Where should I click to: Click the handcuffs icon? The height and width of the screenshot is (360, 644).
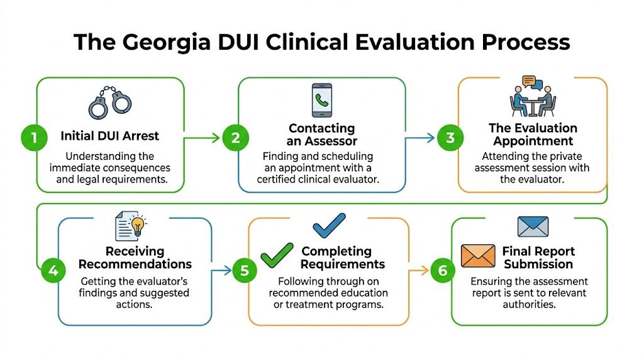pyautogui.click(x=110, y=103)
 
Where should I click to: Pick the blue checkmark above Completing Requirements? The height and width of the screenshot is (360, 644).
pyautogui.click(x=329, y=225)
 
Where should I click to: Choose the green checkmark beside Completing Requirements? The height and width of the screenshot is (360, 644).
pyautogui.click(x=277, y=255)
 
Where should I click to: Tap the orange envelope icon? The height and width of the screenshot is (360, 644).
pyautogui.click(x=479, y=256)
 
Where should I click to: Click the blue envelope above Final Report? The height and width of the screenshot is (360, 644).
pyautogui.click(x=533, y=226)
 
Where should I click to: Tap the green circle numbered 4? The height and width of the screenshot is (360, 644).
pyautogui.click(x=53, y=271)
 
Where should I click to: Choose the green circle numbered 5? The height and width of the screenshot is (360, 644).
pyautogui.click(x=244, y=271)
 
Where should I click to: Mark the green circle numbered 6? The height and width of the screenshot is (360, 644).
pyautogui.click(x=443, y=271)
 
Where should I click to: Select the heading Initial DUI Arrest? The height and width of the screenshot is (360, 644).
pyautogui.click(x=110, y=135)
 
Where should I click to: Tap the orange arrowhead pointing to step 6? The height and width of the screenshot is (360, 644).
pyautogui.click(x=425, y=271)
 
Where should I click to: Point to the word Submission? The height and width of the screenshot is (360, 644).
pyautogui.click(x=538, y=264)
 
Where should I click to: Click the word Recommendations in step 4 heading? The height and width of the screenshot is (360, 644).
pyautogui.click(x=135, y=264)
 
